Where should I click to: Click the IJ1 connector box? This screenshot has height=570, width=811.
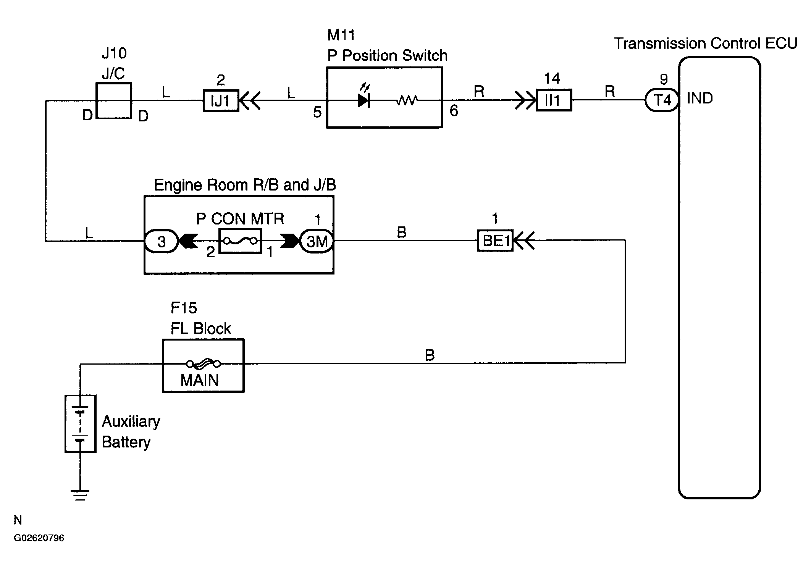pyautogui.click(x=221, y=101)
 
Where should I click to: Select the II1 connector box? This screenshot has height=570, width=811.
pyautogui.click(x=554, y=100)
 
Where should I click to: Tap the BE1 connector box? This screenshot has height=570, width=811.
pyautogui.click(x=495, y=241)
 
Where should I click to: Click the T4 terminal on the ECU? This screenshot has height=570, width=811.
pyautogui.click(x=662, y=100)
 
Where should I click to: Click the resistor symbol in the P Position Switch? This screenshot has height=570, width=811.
pyautogui.click(x=407, y=100)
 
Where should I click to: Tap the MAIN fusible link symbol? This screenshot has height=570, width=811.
pyautogui.click(x=204, y=364)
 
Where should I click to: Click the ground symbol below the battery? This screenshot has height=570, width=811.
pyautogui.click(x=80, y=495)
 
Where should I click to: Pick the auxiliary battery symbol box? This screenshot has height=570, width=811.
pyautogui.click(x=80, y=424)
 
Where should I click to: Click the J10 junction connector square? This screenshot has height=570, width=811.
pyautogui.click(x=114, y=101)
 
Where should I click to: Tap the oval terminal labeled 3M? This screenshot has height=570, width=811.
pyautogui.click(x=317, y=241)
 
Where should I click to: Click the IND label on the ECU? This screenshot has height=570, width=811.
pyautogui.click(x=700, y=98)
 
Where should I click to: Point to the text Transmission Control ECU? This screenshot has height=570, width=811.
pyautogui.click(x=706, y=44)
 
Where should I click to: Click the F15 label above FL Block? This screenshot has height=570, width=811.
pyautogui.click(x=184, y=308)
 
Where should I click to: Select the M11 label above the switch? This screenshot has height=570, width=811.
pyautogui.click(x=341, y=35)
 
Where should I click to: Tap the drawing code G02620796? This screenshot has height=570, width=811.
pyautogui.click(x=39, y=538)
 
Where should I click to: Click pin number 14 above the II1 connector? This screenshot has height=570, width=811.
pyautogui.click(x=552, y=79)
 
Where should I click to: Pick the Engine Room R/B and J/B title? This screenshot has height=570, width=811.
pyautogui.click(x=245, y=185)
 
